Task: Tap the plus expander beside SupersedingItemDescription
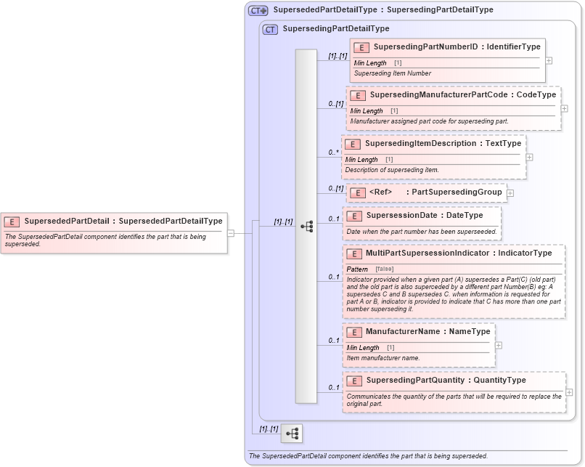(x=530, y=157)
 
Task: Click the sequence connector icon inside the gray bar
(x=306, y=227)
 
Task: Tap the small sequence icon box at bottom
(x=292, y=434)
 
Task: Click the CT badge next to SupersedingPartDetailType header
(x=270, y=29)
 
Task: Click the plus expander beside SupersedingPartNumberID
(x=549, y=60)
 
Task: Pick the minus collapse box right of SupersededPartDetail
(x=231, y=233)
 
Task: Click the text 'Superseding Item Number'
(x=392, y=73)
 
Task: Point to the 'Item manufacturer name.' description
(x=382, y=358)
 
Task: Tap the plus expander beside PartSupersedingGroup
(x=510, y=193)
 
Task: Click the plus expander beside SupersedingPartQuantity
(x=569, y=392)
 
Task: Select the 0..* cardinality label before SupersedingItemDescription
(x=333, y=153)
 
